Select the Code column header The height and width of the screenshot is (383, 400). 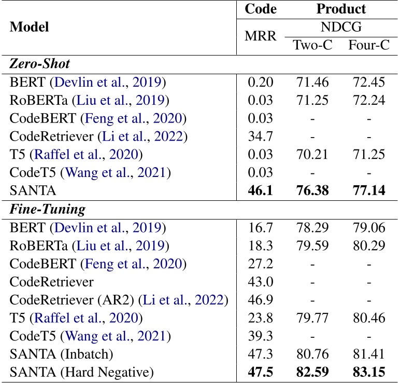pos(260,9)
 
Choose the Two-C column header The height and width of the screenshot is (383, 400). pos(312,45)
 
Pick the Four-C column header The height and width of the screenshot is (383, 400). pos(368,45)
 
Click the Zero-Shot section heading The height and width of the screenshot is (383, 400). pos(40,64)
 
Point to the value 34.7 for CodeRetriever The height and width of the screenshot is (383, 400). pos(260,136)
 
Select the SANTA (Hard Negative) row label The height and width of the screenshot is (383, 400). pos(82,373)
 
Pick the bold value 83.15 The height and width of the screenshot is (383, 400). pos(368,373)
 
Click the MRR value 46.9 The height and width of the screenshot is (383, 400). pos(260,300)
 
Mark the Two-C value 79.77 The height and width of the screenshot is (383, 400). pos(313,318)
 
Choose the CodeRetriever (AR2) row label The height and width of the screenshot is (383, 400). pos(118,300)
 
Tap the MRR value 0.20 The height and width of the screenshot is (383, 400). pos(260,82)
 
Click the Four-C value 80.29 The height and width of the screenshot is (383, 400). pos(368,245)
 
